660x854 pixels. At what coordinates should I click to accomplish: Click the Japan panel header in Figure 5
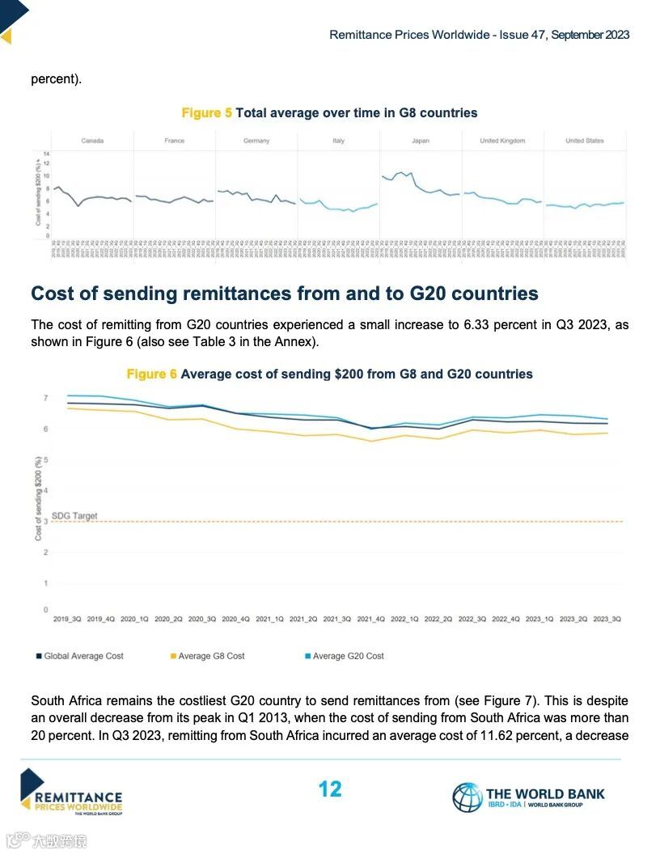tap(421, 141)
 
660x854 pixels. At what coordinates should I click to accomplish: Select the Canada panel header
tap(92, 141)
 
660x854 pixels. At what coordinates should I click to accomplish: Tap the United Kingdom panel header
tap(502, 141)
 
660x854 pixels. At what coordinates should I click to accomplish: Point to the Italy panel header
tap(338, 141)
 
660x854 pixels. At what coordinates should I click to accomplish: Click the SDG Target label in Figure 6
tap(74, 515)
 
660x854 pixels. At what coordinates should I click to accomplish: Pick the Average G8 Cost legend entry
tap(211, 656)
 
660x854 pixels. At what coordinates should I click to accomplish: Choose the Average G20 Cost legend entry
tap(348, 656)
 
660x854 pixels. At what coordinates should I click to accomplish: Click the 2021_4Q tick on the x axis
tap(370, 619)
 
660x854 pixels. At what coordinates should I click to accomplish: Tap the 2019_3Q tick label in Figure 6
tap(67, 619)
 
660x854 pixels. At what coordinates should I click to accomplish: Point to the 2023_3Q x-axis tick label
tap(606, 619)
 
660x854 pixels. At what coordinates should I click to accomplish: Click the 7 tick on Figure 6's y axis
tap(46, 398)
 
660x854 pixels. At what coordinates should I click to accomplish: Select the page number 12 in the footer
tap(330, 789)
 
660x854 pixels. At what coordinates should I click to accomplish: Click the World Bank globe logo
tap(467, 797)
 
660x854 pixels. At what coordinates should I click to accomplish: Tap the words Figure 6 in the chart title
tap(151, 374)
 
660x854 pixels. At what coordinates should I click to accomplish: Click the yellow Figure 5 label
tap(206, 113)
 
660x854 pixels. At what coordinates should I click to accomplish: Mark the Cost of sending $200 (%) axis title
tap(37, 498)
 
